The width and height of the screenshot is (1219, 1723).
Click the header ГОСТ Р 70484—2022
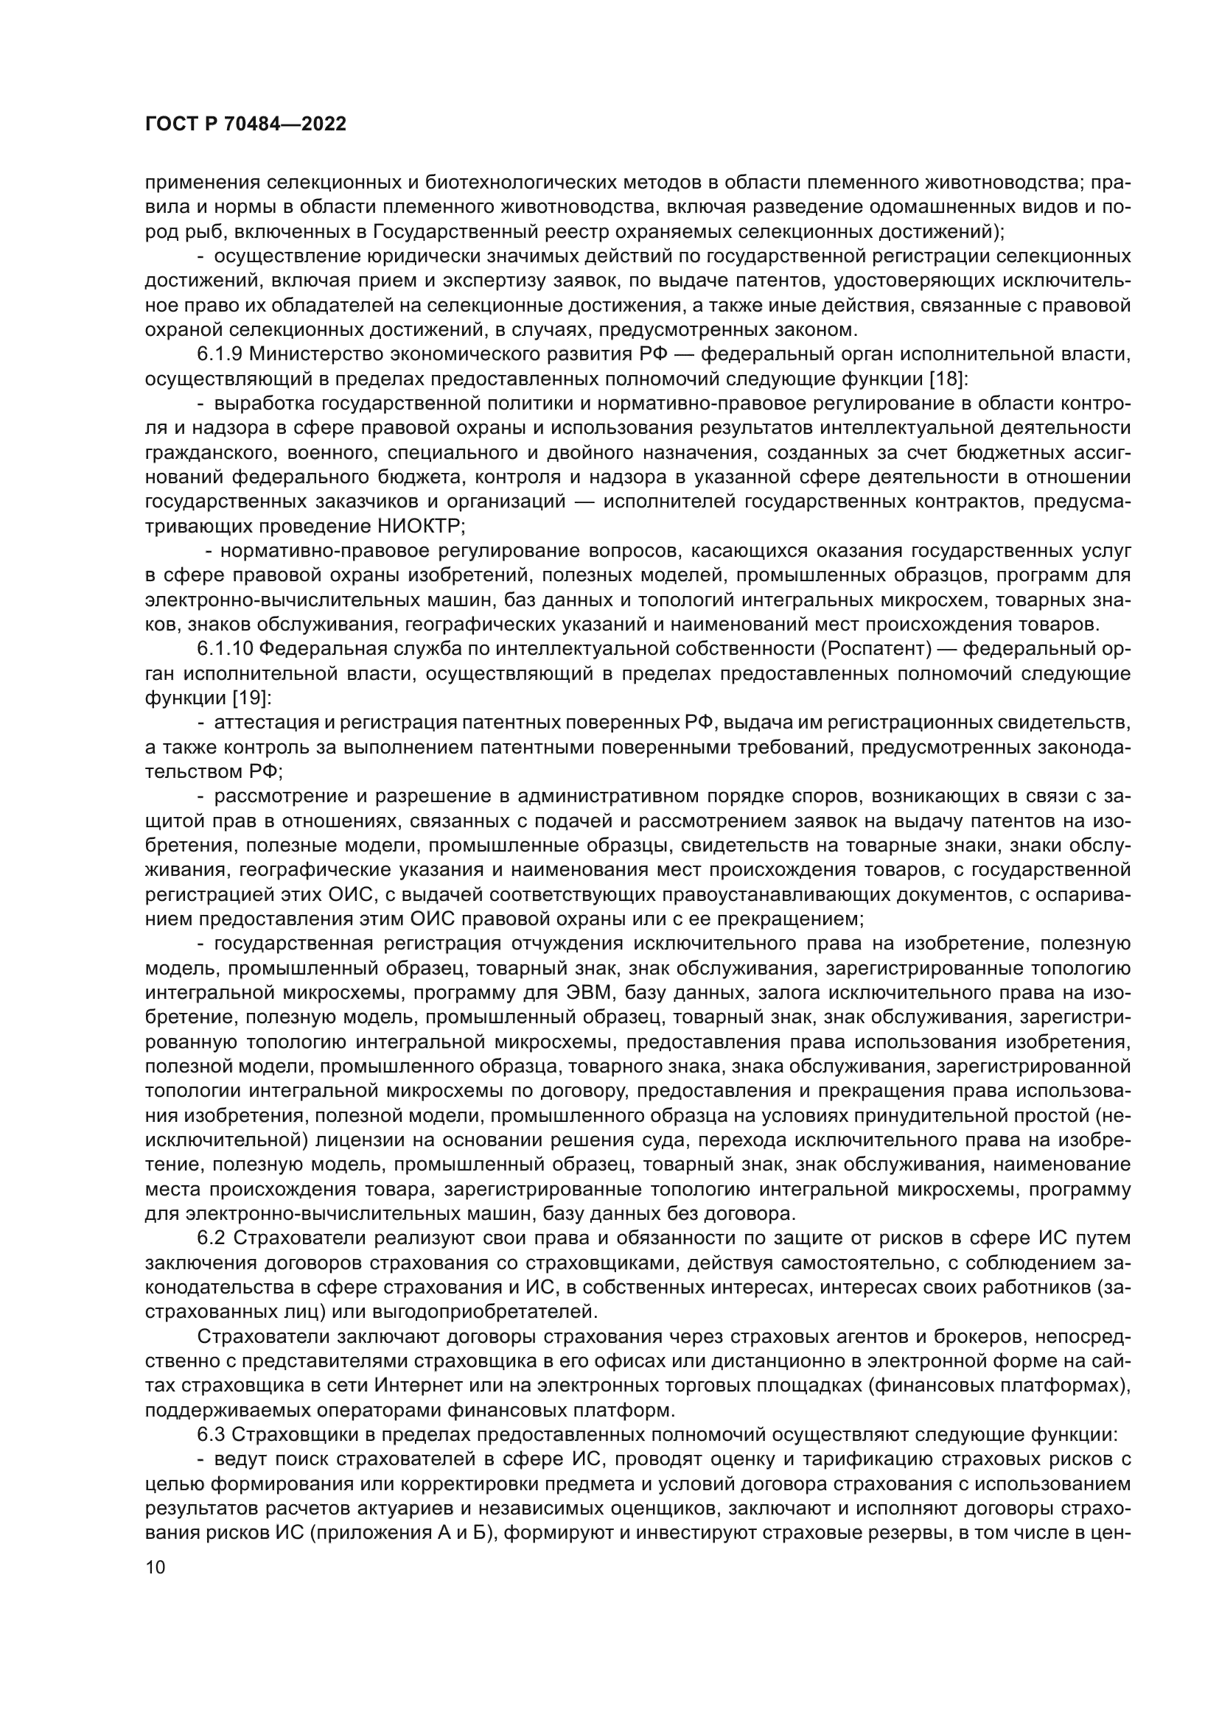[245, 124]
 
